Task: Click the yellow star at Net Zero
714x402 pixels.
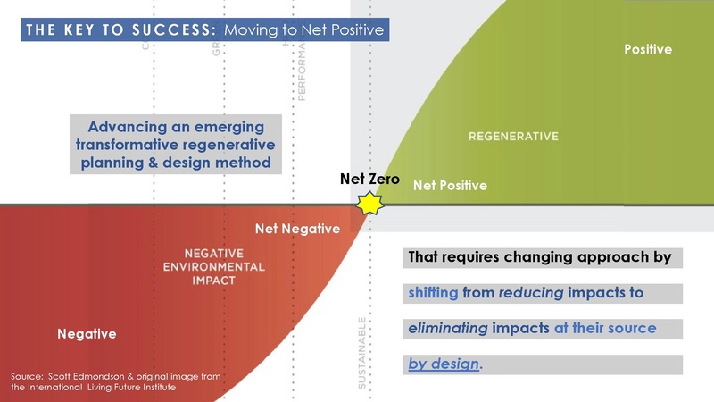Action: click(x=369, y=204)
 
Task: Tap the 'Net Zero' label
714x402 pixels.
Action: click(x=369, y=179)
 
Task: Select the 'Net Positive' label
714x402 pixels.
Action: click(x=450, y=186)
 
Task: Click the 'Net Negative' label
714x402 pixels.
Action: click(x=297, y=229)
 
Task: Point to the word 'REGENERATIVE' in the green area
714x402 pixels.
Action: click(x=513, y=137)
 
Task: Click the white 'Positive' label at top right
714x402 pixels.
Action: click(x=647, y=50)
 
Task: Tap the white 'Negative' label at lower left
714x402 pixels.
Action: click(x=87, y=334)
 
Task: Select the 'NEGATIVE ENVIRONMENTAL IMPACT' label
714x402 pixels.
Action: click(x=213, y=266)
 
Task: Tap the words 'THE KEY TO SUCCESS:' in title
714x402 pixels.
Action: click(x=120, y=30)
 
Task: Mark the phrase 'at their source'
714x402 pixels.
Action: click(x=604, y=328)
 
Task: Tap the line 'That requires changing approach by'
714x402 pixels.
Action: click(x=539, y=257)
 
